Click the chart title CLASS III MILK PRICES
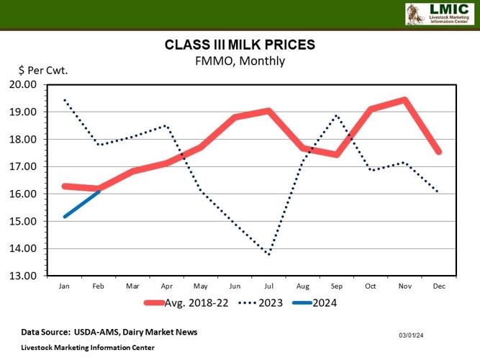tap(240, 45)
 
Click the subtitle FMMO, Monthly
tap(240, 61)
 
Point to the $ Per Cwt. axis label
tap(42, 71)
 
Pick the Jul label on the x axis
tap(268, 286)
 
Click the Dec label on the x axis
tap(438, 286)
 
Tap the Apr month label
tap(166, 286)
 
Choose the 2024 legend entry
tap(323, 303)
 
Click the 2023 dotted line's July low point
tap(268, 254)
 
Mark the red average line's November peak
tap(405, 100)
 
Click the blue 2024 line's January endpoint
tap(65, 216)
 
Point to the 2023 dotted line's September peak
tap(337, 115)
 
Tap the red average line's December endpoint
tap(438, 152)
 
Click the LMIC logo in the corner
tap(439, 14)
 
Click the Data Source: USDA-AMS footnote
tap(109, 332)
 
